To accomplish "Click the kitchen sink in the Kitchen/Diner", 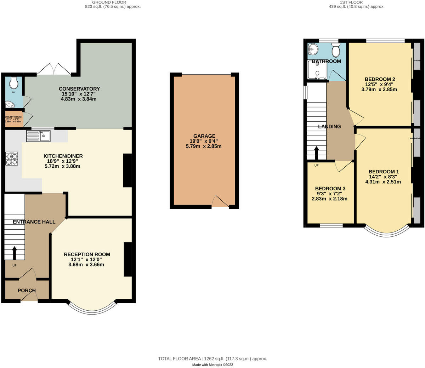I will tap(38, 136).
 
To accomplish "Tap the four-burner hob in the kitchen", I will tap(12, 159).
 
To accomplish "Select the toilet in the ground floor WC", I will tap(14, 83).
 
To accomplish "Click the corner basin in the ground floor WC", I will tap(10, 104).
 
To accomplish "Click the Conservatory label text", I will tap(79, 89).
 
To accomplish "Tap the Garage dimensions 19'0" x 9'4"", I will tap(204, 141).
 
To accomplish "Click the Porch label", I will tap(27, 291).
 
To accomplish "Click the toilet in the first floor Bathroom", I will tap(336, 51).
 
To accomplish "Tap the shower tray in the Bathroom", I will tap(317, 70).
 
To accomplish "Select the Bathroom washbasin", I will tap(313, 49).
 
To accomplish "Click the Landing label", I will tap(329, 126).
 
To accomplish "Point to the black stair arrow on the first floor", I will tap(316, 153).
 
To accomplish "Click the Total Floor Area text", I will tap(212, 358).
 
